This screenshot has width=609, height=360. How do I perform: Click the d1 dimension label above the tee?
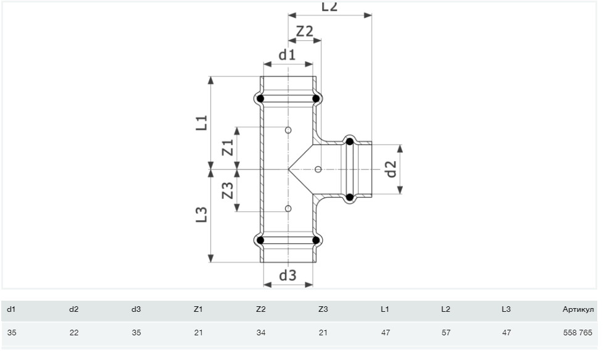point(287,55)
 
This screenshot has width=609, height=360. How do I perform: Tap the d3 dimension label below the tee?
point(288,276)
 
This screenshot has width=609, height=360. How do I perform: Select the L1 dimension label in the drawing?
point(201,123)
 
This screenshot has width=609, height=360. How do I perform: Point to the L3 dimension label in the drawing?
point(201,214)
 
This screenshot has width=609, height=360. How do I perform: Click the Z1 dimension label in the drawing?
point(227,148)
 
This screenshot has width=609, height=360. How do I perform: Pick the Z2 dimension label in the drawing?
point(305,31)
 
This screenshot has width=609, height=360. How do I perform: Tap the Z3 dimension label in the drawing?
point(227,190)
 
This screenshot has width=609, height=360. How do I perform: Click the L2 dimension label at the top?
point(329,6)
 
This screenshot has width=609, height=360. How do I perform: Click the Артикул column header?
point(578,309)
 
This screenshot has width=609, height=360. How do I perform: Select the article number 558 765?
point(578,332)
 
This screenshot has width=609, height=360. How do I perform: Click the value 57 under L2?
point(446,332)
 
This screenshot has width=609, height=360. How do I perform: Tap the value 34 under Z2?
point(260,332)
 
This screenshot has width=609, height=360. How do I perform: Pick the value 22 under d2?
point(74,332)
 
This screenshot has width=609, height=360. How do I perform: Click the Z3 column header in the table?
point(322,309)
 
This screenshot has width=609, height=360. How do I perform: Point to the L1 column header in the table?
point(384,309)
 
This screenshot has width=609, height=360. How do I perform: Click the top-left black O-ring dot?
point(260,98)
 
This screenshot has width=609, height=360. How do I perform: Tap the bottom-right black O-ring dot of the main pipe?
point(316,240)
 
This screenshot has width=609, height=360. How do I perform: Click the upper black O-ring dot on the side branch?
point(350,142)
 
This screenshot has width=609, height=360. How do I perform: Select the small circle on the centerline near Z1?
point(288,130)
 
